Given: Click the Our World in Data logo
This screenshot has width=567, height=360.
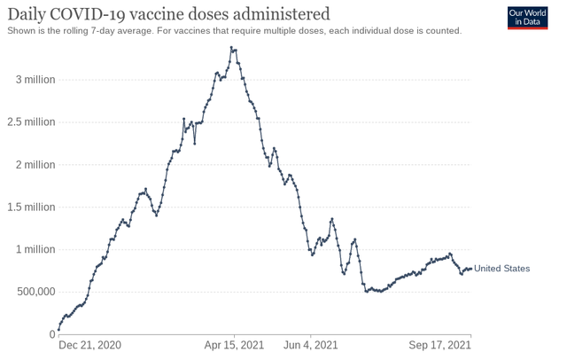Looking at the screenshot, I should (527, 18).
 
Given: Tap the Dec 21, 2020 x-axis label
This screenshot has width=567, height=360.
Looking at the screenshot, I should (90, 346).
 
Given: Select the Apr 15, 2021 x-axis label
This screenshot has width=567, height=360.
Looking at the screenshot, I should (234, 346).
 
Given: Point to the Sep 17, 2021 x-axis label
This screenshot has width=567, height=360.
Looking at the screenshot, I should (439, 346).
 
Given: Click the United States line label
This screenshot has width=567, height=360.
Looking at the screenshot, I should (502, 269).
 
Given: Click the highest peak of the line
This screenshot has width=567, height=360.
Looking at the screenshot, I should (231, 48).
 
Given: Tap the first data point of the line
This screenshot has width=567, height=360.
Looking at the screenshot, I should (58, 330).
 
